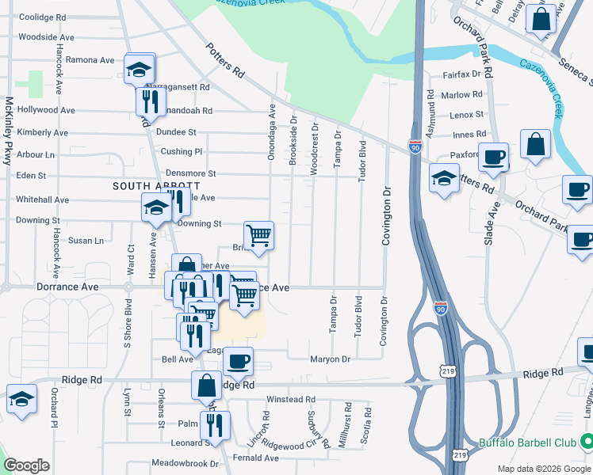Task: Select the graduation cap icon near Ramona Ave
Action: point(140,69)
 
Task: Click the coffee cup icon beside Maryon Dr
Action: point(237,361)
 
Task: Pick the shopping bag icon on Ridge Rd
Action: point(206,386)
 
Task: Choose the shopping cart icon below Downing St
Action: point(258,236)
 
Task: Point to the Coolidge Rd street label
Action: point(46,17)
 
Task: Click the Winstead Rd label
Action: point(291,400)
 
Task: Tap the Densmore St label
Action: point(190,173)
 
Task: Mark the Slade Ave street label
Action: point(488,222)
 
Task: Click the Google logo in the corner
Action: point(27,465)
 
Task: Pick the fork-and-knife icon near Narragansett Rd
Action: point(149,101)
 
